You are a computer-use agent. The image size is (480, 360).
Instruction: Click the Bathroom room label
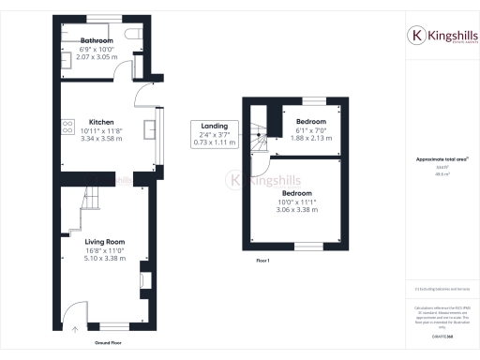pyautogui.click(x=97, y=41)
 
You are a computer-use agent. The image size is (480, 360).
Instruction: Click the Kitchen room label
pyautogui.click(x=101, y=122)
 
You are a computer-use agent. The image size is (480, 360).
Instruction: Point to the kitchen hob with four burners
pyautogui.click(x=67, y=127)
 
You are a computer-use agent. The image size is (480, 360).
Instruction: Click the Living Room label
pyautogui.click(x=105, y=242)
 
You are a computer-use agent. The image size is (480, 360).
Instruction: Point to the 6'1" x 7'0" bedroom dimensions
pyautogui.click(x=311, y=131)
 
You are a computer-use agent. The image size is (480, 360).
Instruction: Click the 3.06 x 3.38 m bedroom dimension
pyautogui.click(x=297, y=211)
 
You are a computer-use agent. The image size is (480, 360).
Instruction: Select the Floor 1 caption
pyautogui.click(x=262, y=261)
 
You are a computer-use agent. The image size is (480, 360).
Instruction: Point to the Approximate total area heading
pyautogui.click(x=442, y=159)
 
